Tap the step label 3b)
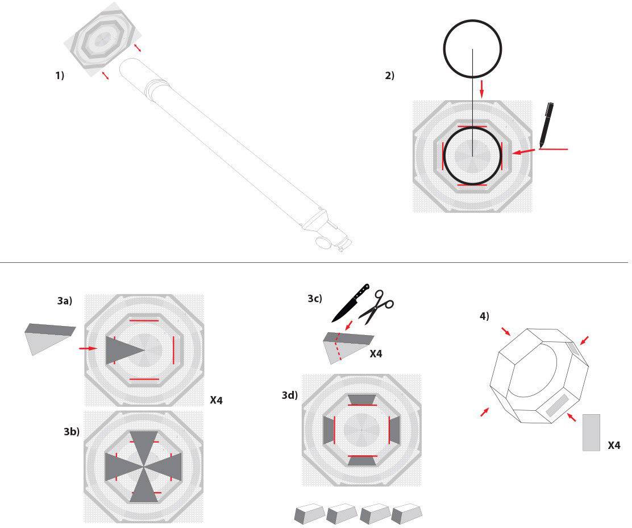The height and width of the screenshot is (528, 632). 72,432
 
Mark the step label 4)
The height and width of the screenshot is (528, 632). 484,316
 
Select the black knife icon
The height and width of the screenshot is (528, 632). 350,303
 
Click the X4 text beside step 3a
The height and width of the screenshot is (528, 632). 216,400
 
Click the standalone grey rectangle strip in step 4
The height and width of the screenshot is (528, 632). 592,432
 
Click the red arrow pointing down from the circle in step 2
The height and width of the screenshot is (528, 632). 481,88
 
